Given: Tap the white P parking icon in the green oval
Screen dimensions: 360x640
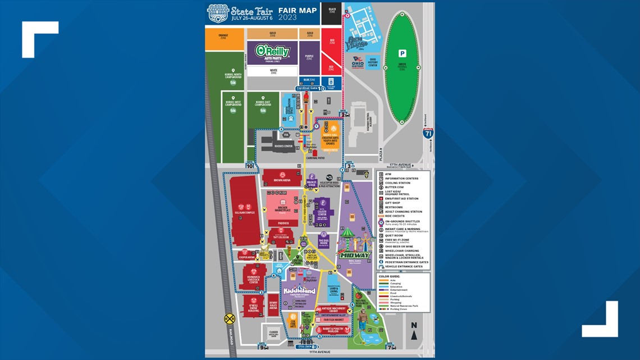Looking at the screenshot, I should click(402, 53).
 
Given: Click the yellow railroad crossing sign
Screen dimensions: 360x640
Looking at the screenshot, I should click(229, 318).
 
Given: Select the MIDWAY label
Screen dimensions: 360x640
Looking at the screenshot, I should click(354, 256).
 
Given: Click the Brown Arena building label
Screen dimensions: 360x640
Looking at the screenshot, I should click(281, 180).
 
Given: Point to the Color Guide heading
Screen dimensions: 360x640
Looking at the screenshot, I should click(390, 276).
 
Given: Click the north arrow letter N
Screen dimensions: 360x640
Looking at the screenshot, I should click(414, 325).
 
